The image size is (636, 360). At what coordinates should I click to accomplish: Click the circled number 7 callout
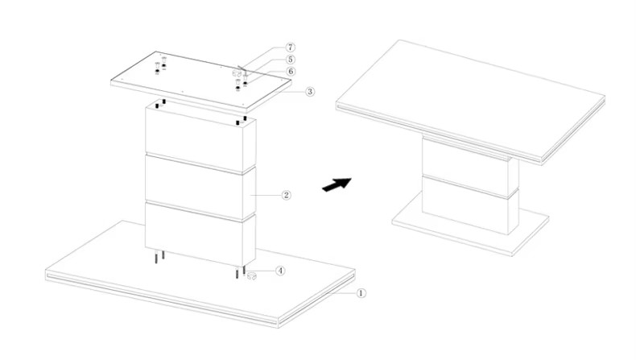click(291, 48)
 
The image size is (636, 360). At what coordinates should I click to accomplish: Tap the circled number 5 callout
click(291, 60)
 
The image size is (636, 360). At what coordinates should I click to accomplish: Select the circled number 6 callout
click(291, 72)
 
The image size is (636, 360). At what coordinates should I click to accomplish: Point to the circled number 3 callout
click(310, 91)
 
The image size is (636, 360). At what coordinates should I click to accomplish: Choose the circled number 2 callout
click(287, 195)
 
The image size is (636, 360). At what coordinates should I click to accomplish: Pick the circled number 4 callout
click(280, 271)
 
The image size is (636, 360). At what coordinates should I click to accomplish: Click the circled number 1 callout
click(361, 292)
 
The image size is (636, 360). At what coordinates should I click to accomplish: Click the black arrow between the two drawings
click(337, 184)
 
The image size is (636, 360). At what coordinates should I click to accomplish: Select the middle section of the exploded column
click(200, 188)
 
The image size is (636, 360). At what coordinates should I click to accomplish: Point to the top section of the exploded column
click(200, 138)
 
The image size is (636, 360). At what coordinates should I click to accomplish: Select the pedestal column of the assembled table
click(470, 187)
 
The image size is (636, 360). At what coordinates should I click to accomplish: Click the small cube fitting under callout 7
click(237, 73)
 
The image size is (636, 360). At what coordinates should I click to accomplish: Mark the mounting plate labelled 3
click(201, 82)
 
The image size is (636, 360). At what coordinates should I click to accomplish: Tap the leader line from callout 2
click(266, 195)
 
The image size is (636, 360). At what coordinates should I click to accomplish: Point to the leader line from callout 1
click(344, 292)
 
